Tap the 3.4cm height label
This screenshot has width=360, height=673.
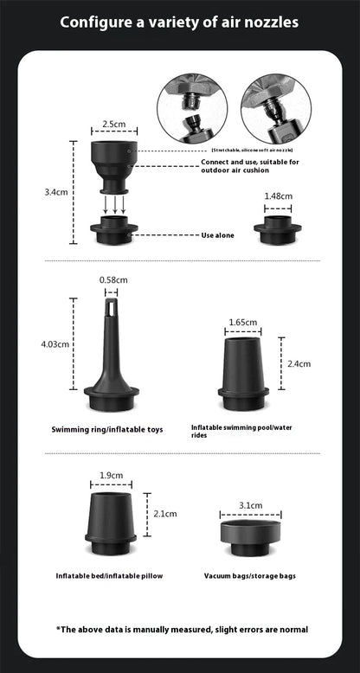tap(56, 192)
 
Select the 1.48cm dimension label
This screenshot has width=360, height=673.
tap(277, 195)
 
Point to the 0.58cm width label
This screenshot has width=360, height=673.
tap(114, 279)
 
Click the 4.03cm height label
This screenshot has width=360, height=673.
tap(56, 344)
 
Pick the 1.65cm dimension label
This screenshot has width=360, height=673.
tap(243, 322)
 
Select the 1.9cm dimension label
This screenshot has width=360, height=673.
tap(111, 475)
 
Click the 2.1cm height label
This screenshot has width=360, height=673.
tap(164, 513)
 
